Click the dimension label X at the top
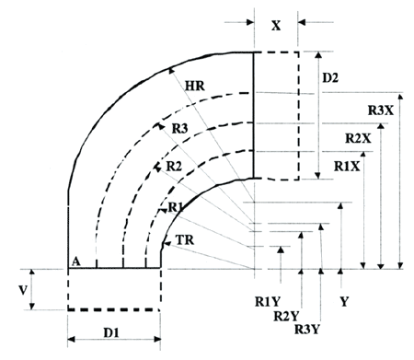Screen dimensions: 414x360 click(x=276, y=26)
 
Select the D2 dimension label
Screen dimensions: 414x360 click(x=330, y=78)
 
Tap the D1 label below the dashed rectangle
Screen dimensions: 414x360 click(x=111, y=332)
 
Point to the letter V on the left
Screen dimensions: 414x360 click(x=23, y=290)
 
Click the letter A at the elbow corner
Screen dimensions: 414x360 click(x=75, y=261)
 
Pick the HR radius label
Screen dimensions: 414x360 click(x=195, y=86)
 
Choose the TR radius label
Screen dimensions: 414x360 click(x=185, y=240)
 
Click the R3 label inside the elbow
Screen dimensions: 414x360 click(x=179, y=129)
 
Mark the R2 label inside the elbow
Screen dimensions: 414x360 click(x=174, y=167)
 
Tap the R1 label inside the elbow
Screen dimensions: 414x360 click(x=176, y=208)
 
